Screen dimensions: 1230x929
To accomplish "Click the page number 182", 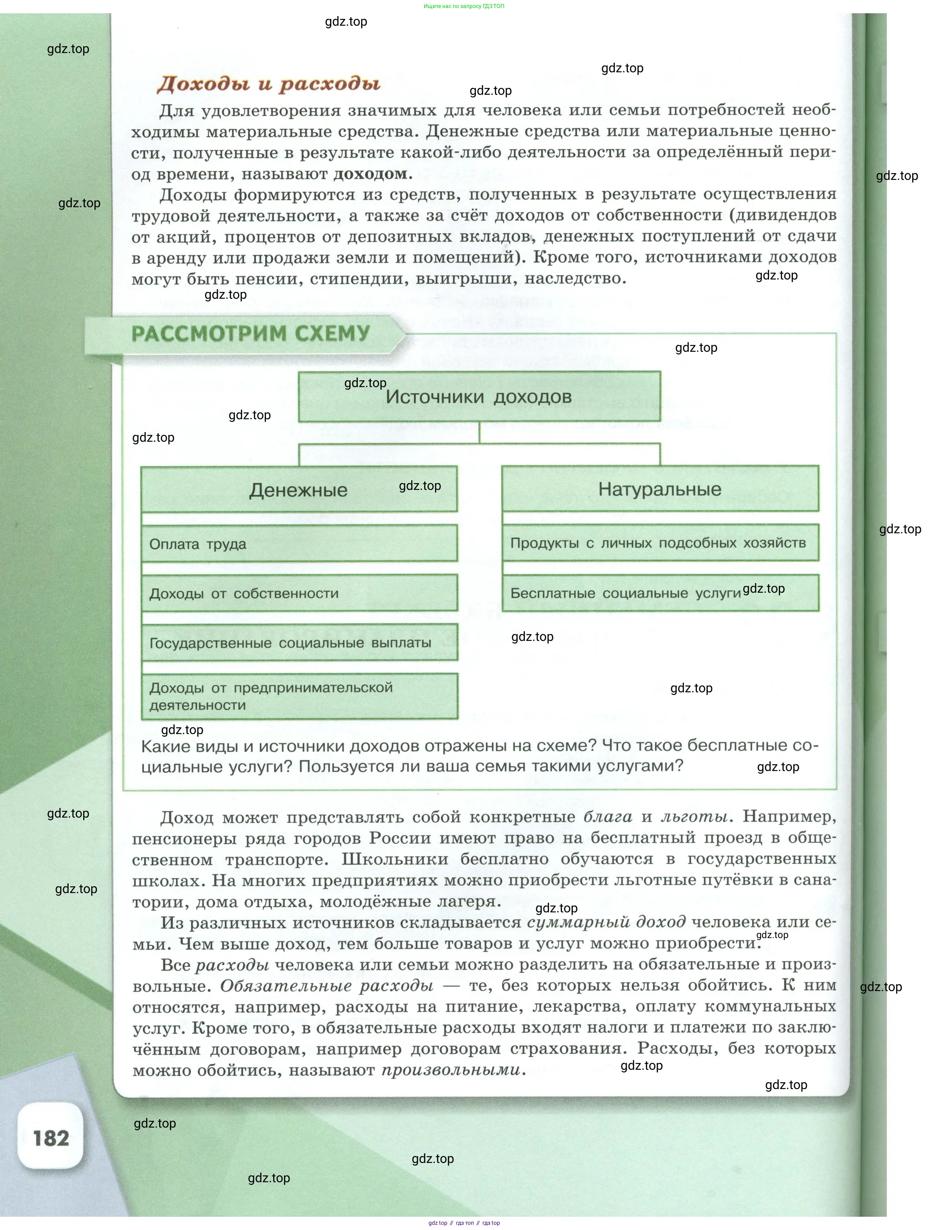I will pyautogui.click(x=51, y=1138).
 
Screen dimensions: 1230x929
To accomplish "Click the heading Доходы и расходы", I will pyautogui.click(x=269, y=84).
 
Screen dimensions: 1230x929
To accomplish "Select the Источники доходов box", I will pyautogui.click(x=479, y=396).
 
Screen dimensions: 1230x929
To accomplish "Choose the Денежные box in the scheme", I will pyautogui.click(x=299, y=490).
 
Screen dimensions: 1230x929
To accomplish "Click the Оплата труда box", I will pyautogui.click(x=299, y=544).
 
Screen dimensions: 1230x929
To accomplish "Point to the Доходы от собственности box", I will pyautogui.click(x=299, y=593).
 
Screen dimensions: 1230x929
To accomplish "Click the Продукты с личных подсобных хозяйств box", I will pyautogui.click(x=660, y=543).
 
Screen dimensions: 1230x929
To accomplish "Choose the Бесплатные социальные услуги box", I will pyautogui.click(x=660, y=593).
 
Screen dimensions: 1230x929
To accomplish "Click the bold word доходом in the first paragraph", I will pyautogui.click(x=370, y=174).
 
